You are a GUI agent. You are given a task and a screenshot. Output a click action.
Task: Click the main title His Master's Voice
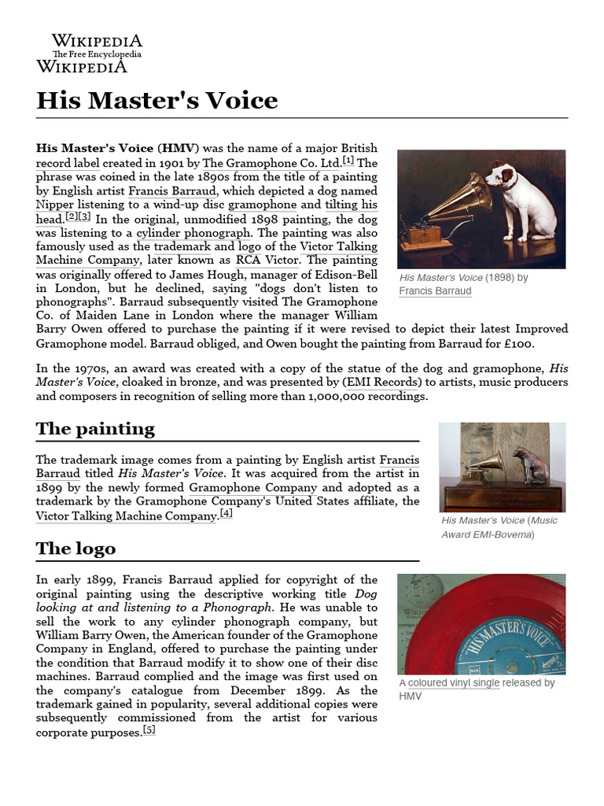[157, 101]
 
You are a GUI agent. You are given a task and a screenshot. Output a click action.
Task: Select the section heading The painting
[95, 429]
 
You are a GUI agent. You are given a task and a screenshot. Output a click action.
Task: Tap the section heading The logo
[75, 549]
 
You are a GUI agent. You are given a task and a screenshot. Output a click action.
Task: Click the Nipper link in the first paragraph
[55, 205]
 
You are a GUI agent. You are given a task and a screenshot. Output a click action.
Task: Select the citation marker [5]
[149, 730]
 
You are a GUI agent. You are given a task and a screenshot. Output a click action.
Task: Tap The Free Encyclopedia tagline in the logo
[97, 54]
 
